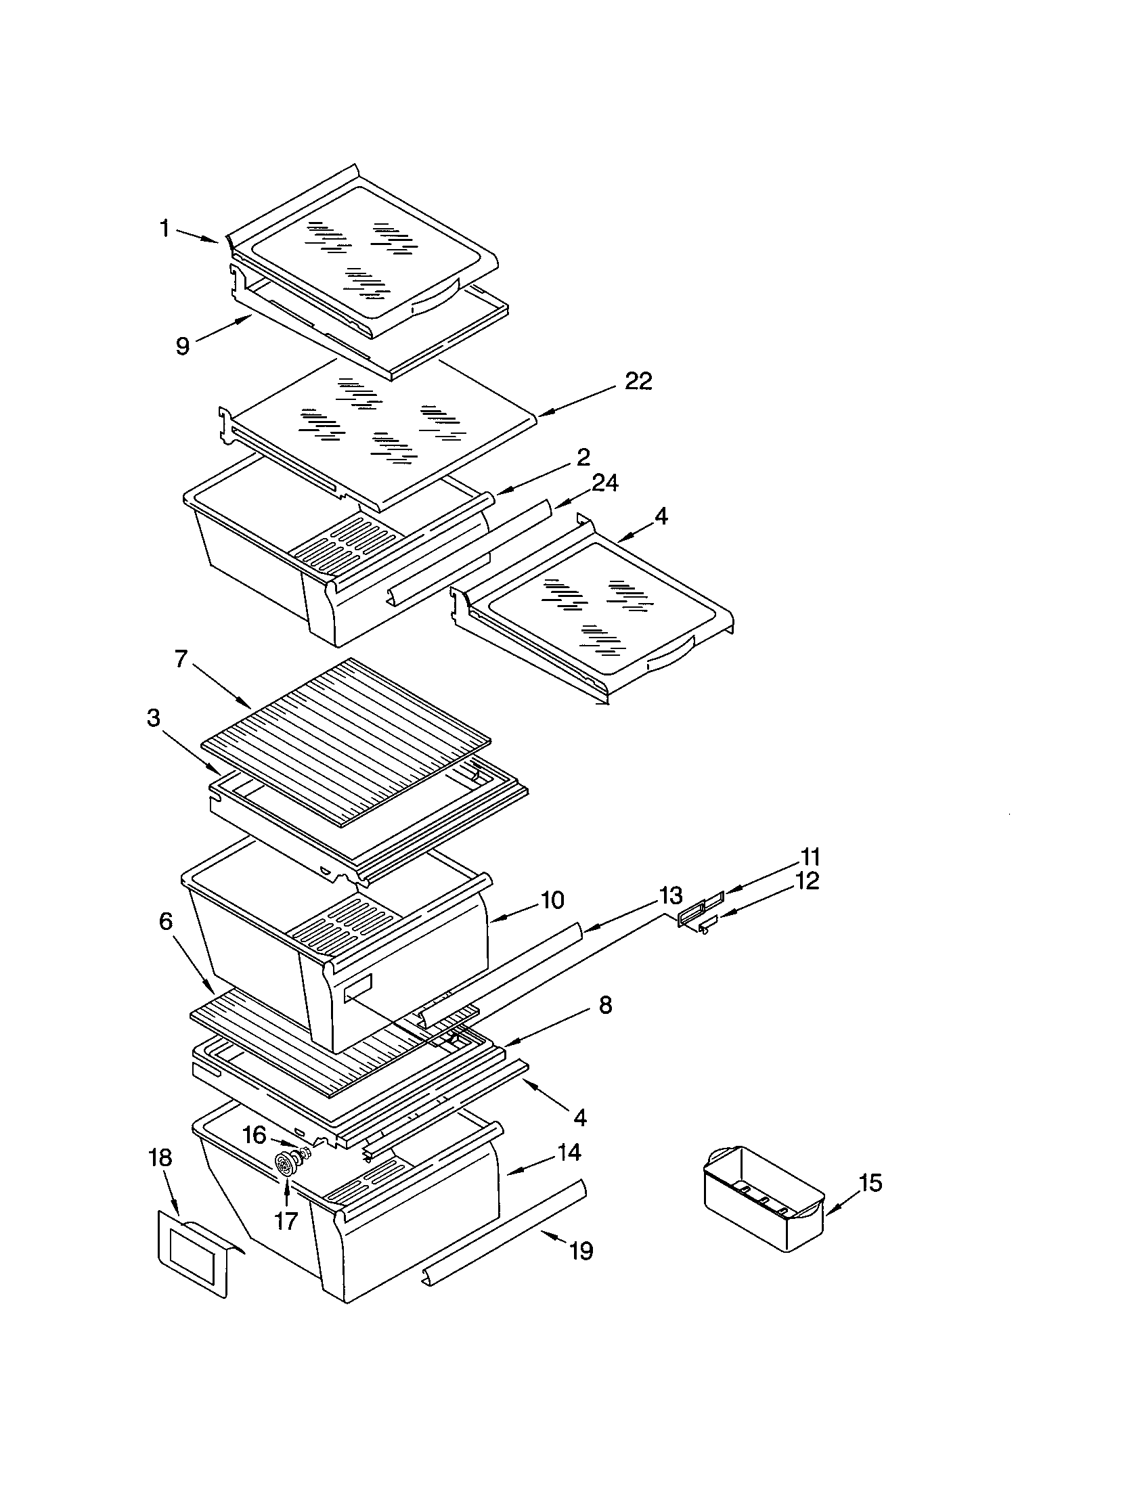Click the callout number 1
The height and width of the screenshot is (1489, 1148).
point(164,229)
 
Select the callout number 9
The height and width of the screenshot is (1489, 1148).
point(182,347)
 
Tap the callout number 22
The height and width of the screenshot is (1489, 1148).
point(638,381)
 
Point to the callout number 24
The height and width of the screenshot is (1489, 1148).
point(604,483)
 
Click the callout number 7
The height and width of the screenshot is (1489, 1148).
point(180,659)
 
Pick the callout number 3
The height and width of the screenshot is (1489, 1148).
point(154,718)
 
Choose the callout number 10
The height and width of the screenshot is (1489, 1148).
point(552,901)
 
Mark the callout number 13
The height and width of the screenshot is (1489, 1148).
point(670,894)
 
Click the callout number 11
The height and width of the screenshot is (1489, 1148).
point(809,857)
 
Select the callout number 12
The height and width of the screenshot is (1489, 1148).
point(806,881)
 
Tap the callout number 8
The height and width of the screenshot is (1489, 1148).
point(604,1005)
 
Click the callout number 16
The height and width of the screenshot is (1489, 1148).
point(255,1135)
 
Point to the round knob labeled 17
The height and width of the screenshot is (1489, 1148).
point(284,1163)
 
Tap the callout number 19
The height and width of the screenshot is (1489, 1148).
point(581,1251)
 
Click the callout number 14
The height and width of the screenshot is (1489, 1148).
point(569,1153)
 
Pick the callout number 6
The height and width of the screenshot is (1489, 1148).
point(166,922)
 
